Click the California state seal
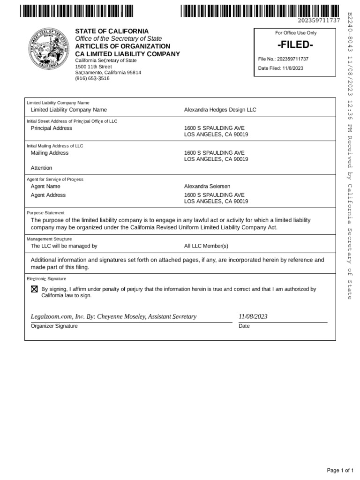(x=49, y=50)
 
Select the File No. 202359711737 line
(x=284, y=59)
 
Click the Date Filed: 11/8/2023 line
(x=281, y=68)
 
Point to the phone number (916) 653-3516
(x=92, y=79)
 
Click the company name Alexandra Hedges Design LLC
(x=220, y=110)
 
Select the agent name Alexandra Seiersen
(x=207, y=186)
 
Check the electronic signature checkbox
(x=34, y=290)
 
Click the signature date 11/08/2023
(x=253, y=316)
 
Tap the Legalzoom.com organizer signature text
(x=113, y=316)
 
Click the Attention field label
(x=41, y=168)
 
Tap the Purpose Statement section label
(x=45, y=212)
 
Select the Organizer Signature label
(x=54, y=326)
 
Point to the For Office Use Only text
(x=295, y=33)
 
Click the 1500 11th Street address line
(x=94, y=67)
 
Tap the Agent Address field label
(x=48, y=195)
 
